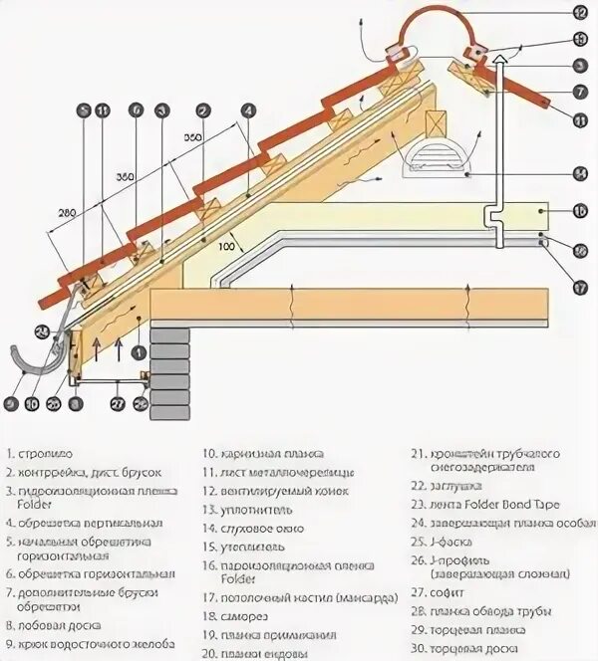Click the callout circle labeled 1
click(138, 351)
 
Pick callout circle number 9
click(11, 404)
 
